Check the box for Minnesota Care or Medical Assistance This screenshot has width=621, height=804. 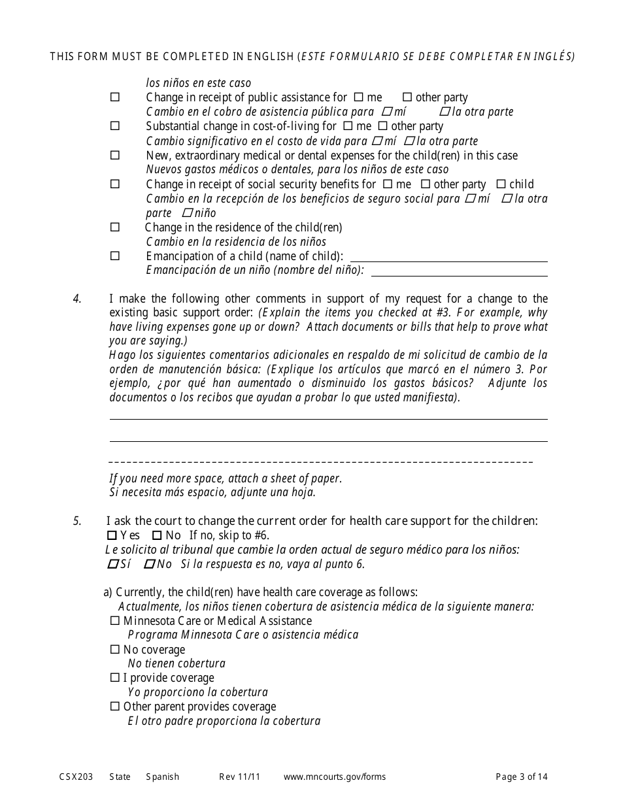tap(115, 621)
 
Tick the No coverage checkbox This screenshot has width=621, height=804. tap(115, 650)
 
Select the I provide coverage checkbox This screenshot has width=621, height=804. tap(115, 678)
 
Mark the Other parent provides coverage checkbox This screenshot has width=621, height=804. tap(115, 707)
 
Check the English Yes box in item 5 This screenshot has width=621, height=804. tap(112, 535)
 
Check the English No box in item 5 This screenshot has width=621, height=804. tap(157, 535)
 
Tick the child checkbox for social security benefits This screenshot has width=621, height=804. tap(501, 184)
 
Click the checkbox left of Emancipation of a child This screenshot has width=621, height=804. tap(115, 256)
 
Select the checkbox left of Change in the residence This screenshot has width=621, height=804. tap(115, 227)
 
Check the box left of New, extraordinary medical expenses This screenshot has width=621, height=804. tap(115, 156)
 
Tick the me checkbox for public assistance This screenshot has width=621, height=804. tap(359, 97)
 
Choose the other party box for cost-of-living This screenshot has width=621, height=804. tap(383, 126)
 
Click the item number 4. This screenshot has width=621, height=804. tap(77, 299)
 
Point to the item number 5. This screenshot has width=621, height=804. tap(77, 521)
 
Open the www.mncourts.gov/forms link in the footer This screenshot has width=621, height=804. tap(335, 777)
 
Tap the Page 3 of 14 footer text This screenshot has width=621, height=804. tap(522, 777)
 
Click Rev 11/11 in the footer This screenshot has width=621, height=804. tap(240, 777)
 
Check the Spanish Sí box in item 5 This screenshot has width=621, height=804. tap(112, 563)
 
